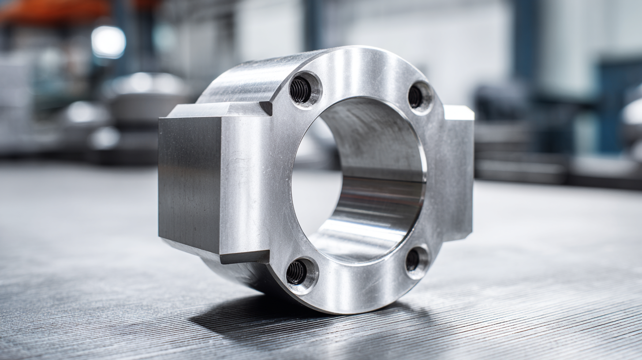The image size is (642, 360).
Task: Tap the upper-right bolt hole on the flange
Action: (x=416, y=97)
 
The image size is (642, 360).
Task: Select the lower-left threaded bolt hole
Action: (x=297, y=273)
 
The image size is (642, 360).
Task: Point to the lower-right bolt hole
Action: (x=413, y=260)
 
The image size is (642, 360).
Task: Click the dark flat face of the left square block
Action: (x=190, y=181)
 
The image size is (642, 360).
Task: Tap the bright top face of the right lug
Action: (x=459, y=112)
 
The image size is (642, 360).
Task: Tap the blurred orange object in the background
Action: (x=53, y=11)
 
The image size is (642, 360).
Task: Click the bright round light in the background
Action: (x=108, y=42)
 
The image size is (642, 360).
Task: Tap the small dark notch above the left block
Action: (x=266, y=107)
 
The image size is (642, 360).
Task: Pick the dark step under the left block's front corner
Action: (x=245, y=256)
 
